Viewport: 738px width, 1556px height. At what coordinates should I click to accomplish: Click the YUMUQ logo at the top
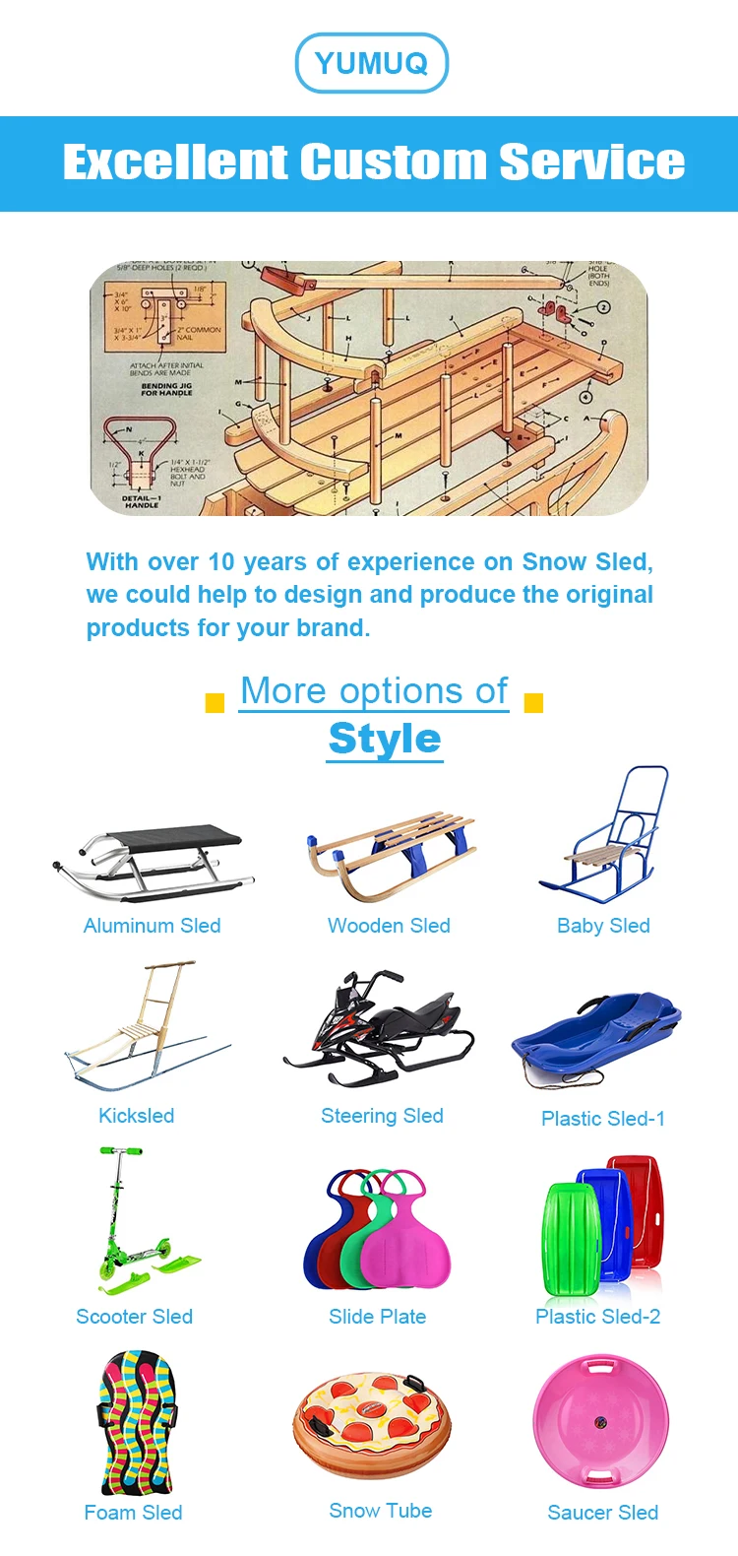tap(372, 63)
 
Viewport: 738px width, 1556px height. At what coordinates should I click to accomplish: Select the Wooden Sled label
tap(389, 926)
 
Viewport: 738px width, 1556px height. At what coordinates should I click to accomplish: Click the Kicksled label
tap(136, 1116)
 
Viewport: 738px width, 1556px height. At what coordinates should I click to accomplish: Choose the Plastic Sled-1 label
tap(603, 1119)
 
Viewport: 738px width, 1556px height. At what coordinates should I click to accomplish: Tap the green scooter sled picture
tap(138, 1226)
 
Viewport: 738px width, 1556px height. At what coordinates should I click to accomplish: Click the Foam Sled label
tap(133, 1513)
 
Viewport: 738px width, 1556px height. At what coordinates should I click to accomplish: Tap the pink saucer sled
tap(600, 1422)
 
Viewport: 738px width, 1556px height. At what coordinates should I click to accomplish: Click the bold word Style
tap(385, 739)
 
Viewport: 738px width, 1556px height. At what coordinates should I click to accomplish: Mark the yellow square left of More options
tap(215, 702)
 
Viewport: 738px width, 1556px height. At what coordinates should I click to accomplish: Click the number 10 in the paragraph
tap(220, 562)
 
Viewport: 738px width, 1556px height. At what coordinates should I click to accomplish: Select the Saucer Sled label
tap(602, 1513)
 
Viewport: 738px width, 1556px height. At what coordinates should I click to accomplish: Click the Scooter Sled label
tap(134, 1317)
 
